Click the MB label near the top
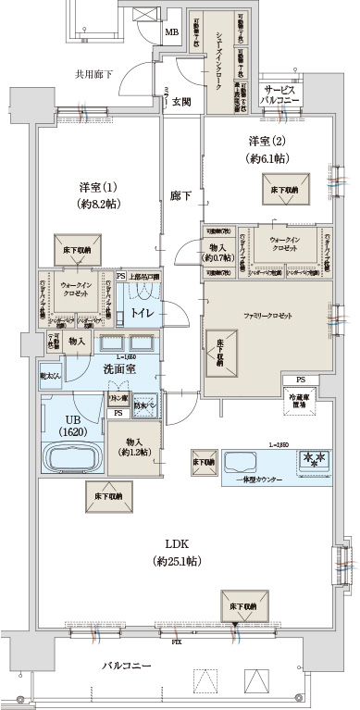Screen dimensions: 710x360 coord(172,32)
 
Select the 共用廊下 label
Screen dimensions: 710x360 coord(93,73)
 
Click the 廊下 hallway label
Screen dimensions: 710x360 coord(180,196)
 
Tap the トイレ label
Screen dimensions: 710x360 coord(142,314)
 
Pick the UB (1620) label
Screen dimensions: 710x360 coord(70,405)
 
